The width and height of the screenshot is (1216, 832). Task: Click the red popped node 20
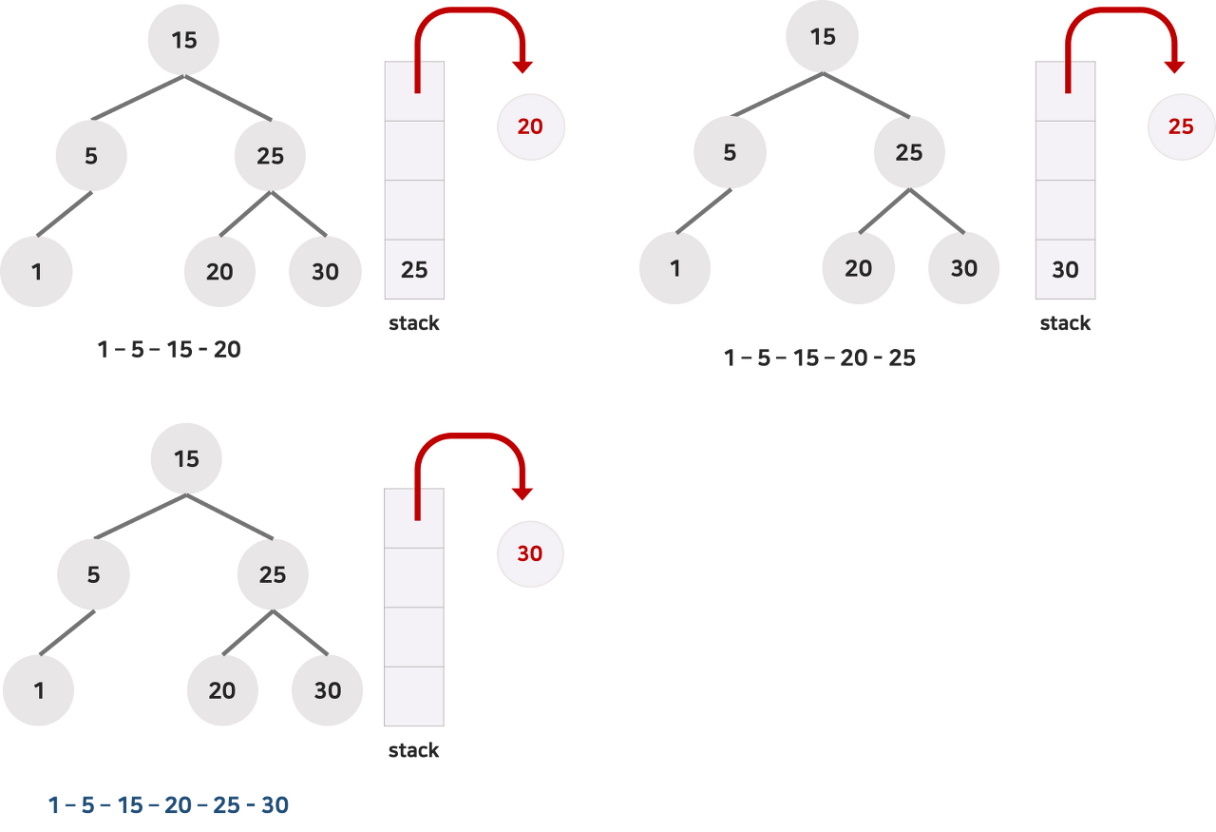(x=530, y=126)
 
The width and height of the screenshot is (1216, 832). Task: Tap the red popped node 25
(x=1180, y=126)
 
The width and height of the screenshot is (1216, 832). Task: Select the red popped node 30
(x=529, y=553)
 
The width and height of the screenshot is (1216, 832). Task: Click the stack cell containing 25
(x=414, y=270)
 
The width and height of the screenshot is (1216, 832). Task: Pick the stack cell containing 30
(x=1065, y=270)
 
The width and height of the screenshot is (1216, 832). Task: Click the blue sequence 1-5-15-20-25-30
(x=168, y=805)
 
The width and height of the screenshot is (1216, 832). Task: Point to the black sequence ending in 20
(x=169, y=350)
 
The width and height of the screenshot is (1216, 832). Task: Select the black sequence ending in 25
(x=819, y=358)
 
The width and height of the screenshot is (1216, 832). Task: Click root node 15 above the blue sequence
(x=186, y=459)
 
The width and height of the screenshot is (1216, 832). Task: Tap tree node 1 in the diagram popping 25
(x=674, y=269)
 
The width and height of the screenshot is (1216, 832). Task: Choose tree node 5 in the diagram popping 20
(x=91, y=155)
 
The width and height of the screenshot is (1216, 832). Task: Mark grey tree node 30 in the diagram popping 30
(x=327, y=690)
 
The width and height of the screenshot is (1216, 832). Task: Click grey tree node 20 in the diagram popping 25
(x=858, y=269)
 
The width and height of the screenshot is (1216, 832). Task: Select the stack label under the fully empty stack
(x=414, y=750)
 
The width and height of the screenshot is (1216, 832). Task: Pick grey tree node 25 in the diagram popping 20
(x=271, y=155)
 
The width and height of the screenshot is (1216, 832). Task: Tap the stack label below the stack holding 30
(x=1065, y=323)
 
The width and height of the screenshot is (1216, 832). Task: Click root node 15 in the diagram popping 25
(x=823, y=37)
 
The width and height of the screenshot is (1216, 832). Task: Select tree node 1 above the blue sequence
(x=38, y=690)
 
